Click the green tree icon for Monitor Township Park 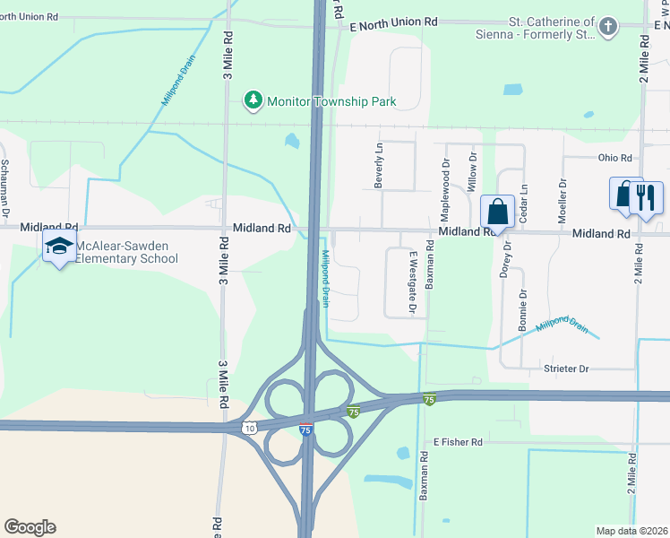pos(254,100)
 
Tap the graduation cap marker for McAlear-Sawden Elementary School pos(59,247)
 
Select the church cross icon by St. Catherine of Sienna pos(608,27)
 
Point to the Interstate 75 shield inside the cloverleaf pos(306,430)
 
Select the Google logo pos(30,527)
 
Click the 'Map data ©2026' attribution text pos(631,530)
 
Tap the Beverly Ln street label pos(379,165)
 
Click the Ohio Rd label pos(614,158)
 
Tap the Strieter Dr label pos(565,369)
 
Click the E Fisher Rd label pos(458,442)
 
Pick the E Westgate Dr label pos(414,282)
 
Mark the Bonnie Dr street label pos(523,309)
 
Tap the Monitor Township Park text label pos(332,101)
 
